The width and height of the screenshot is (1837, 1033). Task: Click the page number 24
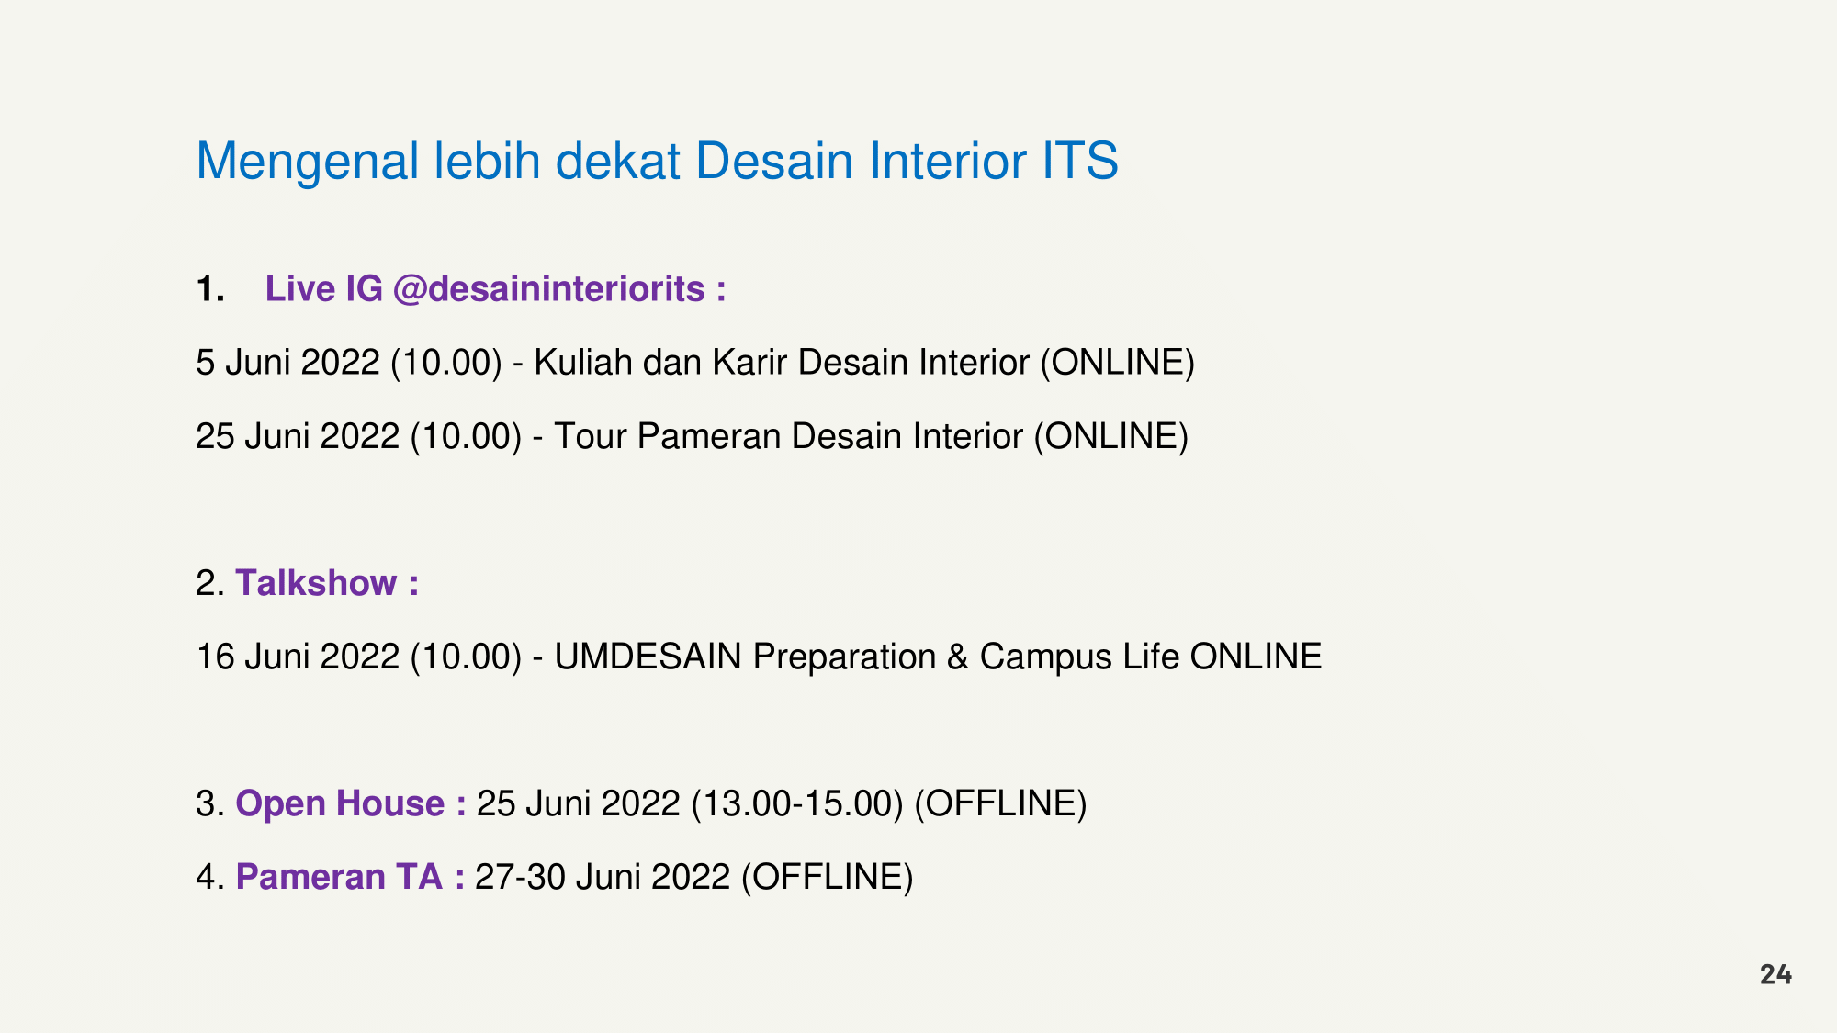(x=1775, y=974)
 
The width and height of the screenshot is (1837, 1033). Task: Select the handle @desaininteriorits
(x=548, y=290)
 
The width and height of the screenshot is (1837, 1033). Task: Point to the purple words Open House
(x=340, y=803)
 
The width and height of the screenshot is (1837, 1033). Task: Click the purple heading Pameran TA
(x=339, y=877)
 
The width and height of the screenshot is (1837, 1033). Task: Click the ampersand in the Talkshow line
(x=958, y=657)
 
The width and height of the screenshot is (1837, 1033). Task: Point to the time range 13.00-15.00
(x=796, y=803)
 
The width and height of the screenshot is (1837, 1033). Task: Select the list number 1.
(x=210, y=289)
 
